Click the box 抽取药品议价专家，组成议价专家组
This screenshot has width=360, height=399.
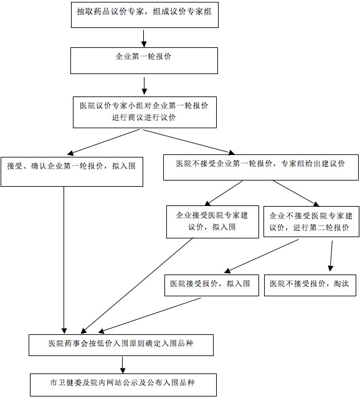(x=144, y=15)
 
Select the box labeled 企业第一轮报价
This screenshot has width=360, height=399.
(x=144, y=61)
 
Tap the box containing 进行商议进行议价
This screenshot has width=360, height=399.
(x=144, y=112)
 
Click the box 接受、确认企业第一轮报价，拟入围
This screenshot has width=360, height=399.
(x=72, y=172)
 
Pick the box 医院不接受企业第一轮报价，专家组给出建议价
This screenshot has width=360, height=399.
(x=261, y=167)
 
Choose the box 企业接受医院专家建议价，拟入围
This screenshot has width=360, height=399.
(x=212, y=222)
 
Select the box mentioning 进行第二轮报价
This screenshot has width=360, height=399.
(x=311, y=222)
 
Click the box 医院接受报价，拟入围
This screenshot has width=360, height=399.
(x=212, y=285)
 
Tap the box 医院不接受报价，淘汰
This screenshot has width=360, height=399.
(x=310, y=285)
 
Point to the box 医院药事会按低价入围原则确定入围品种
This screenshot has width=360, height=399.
(x=121, y=345)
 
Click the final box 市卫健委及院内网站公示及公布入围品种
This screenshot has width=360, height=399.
(x=123, y=385)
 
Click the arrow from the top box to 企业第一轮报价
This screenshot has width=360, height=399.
(x=144, y=39)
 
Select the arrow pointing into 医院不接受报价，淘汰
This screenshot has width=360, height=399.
(x=331, y=256)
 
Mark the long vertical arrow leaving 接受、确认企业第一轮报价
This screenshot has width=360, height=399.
(x=64, y=260)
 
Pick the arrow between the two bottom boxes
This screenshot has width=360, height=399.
(x=123, y=365)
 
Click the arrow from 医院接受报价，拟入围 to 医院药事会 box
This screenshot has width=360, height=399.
(x=149, y=315)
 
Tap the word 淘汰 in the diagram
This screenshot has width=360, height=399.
(x=341, y=283)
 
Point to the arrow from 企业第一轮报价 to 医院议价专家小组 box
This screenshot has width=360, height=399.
(x=144, y=86)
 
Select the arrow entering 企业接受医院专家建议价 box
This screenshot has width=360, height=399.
(x=224, y=193)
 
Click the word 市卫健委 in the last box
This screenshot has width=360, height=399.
(x=65, y=382)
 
